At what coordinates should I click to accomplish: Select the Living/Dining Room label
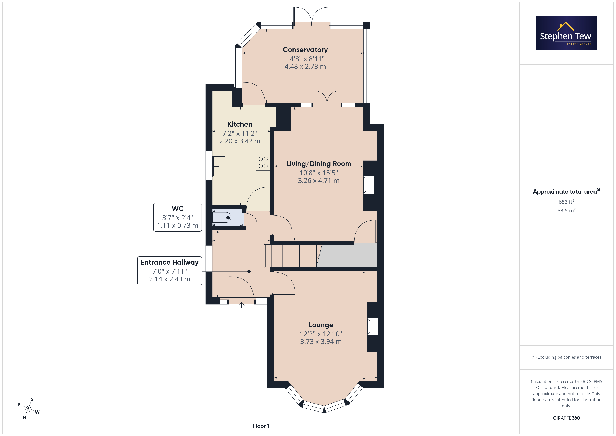(x=318, y=164)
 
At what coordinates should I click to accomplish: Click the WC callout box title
(x=178, y=209)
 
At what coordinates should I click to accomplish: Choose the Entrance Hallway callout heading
(x=170, y=262)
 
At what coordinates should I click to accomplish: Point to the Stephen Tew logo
(x=566, y=33)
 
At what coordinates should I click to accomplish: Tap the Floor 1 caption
(x=261, y=426)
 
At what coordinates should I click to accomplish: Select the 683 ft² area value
(x=566, y=202)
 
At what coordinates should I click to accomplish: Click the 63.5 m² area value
(x=566, y=210)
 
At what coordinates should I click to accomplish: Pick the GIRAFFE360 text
(x=566, y=418)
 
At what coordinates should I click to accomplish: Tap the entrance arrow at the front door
(x=241, y=305)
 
